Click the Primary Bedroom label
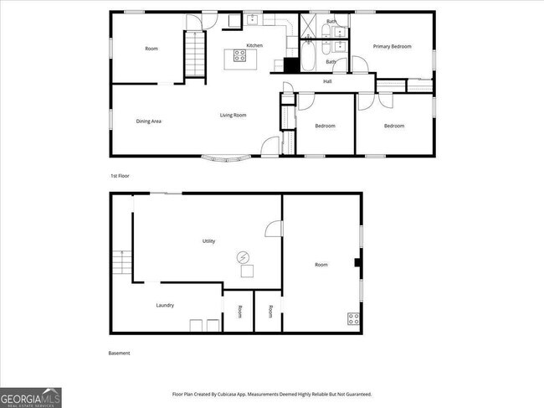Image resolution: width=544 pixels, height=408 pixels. pos(393,47)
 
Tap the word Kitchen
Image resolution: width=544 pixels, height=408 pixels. pos(254,45)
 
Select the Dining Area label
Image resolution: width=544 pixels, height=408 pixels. pos(149,121)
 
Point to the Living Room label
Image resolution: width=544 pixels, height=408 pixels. pos(233,115)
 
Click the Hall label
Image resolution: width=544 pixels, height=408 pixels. pos(328,81)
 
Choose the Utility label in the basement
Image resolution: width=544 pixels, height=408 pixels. pos(208,241)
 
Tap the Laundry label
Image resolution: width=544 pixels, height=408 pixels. pos(165,305)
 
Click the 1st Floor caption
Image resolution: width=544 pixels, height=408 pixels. pos(120,176)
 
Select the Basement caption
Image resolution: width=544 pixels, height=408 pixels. pos(120,353)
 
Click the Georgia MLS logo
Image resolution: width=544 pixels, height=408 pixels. pos(31,397)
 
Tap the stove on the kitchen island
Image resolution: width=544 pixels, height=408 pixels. pos(239,57)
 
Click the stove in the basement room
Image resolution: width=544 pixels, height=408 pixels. pos(353,318)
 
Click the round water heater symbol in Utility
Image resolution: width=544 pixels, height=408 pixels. pos(244,256)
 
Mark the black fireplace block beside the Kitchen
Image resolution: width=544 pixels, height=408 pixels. pos(291,65)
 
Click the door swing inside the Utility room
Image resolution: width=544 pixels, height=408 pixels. pos(273,229)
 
